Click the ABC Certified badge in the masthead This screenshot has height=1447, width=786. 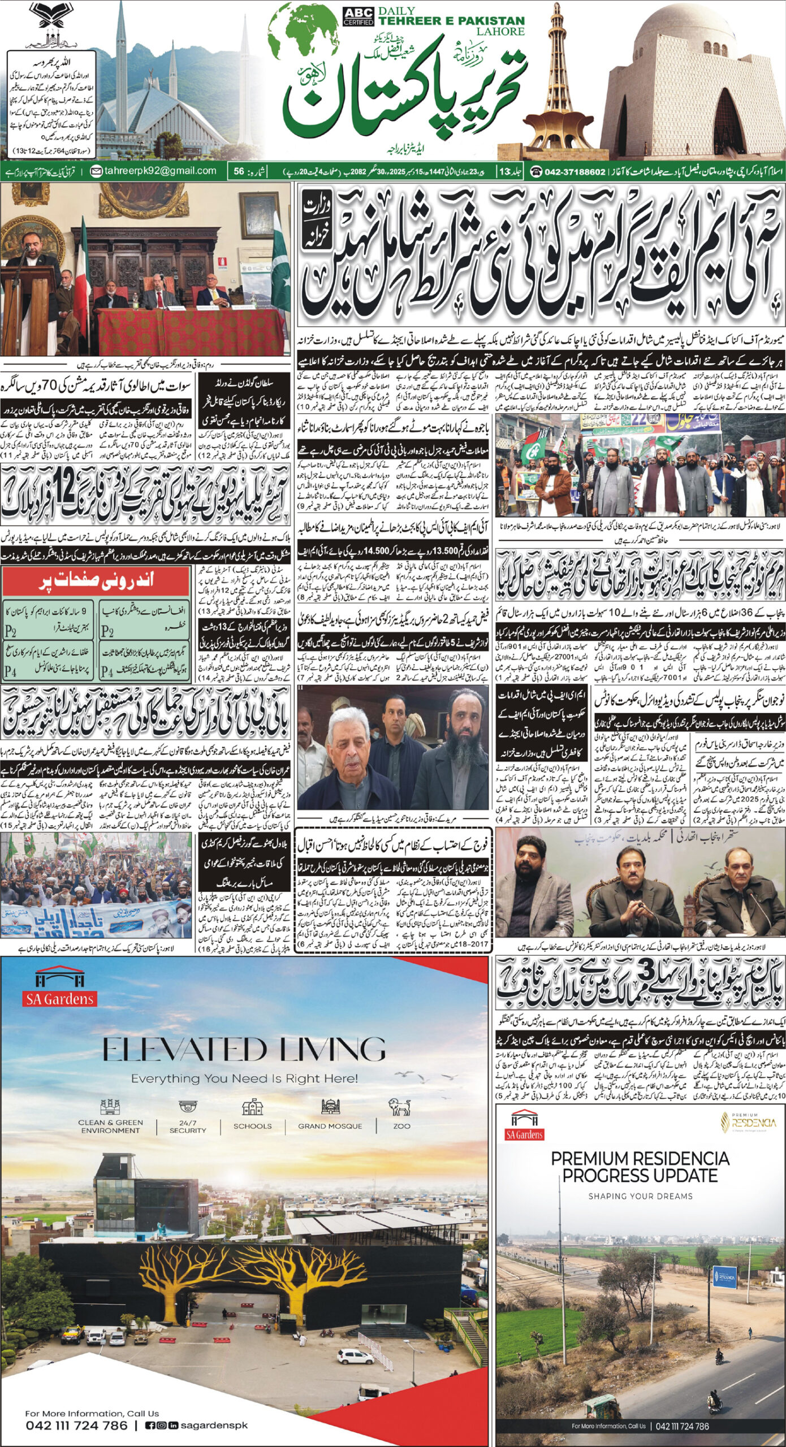pos(358,16)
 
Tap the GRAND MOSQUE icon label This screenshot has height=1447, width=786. pos(330,1110)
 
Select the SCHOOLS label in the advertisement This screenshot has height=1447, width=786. pos(252,1110)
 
